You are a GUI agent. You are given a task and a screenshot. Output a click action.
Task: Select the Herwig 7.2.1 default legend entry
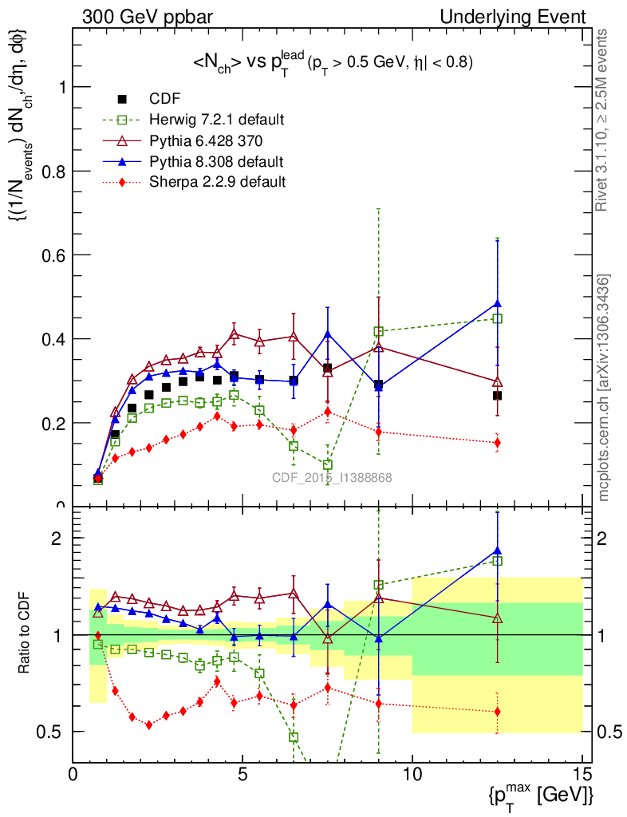(x=216, y=120)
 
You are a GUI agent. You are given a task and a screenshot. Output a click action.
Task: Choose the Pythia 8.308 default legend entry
(x=216, y=161)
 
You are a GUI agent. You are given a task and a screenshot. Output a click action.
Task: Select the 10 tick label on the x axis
(x=412, y=774)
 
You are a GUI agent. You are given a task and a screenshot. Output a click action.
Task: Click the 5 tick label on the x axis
(x=243, y=774)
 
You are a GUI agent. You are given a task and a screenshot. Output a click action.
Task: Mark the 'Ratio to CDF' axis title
(x=26, y=634)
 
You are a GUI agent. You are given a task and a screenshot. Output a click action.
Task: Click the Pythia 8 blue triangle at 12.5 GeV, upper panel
(x=498, y=303)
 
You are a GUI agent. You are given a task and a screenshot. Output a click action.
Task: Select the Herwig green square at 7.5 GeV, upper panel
(x=328, y=465)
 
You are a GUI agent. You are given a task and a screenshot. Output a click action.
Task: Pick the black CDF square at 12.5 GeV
(x=498, y=396)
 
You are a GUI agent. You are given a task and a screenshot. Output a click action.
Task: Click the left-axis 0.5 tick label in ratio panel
(x=55, y=732)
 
